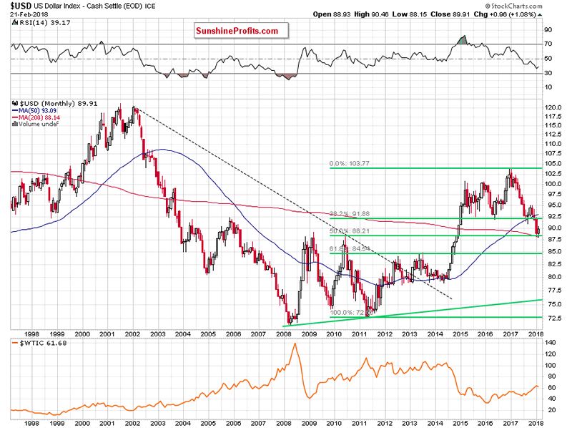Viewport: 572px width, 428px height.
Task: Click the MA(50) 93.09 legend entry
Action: [40, 111]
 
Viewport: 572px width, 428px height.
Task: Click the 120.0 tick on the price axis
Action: [553, 108]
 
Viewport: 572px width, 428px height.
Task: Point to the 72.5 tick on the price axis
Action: [552, 317]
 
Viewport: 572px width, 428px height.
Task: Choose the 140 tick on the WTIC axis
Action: [552, 344]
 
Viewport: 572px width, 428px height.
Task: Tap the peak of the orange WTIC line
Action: [294, 344]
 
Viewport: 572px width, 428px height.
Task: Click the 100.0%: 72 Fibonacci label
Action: [348, 313]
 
